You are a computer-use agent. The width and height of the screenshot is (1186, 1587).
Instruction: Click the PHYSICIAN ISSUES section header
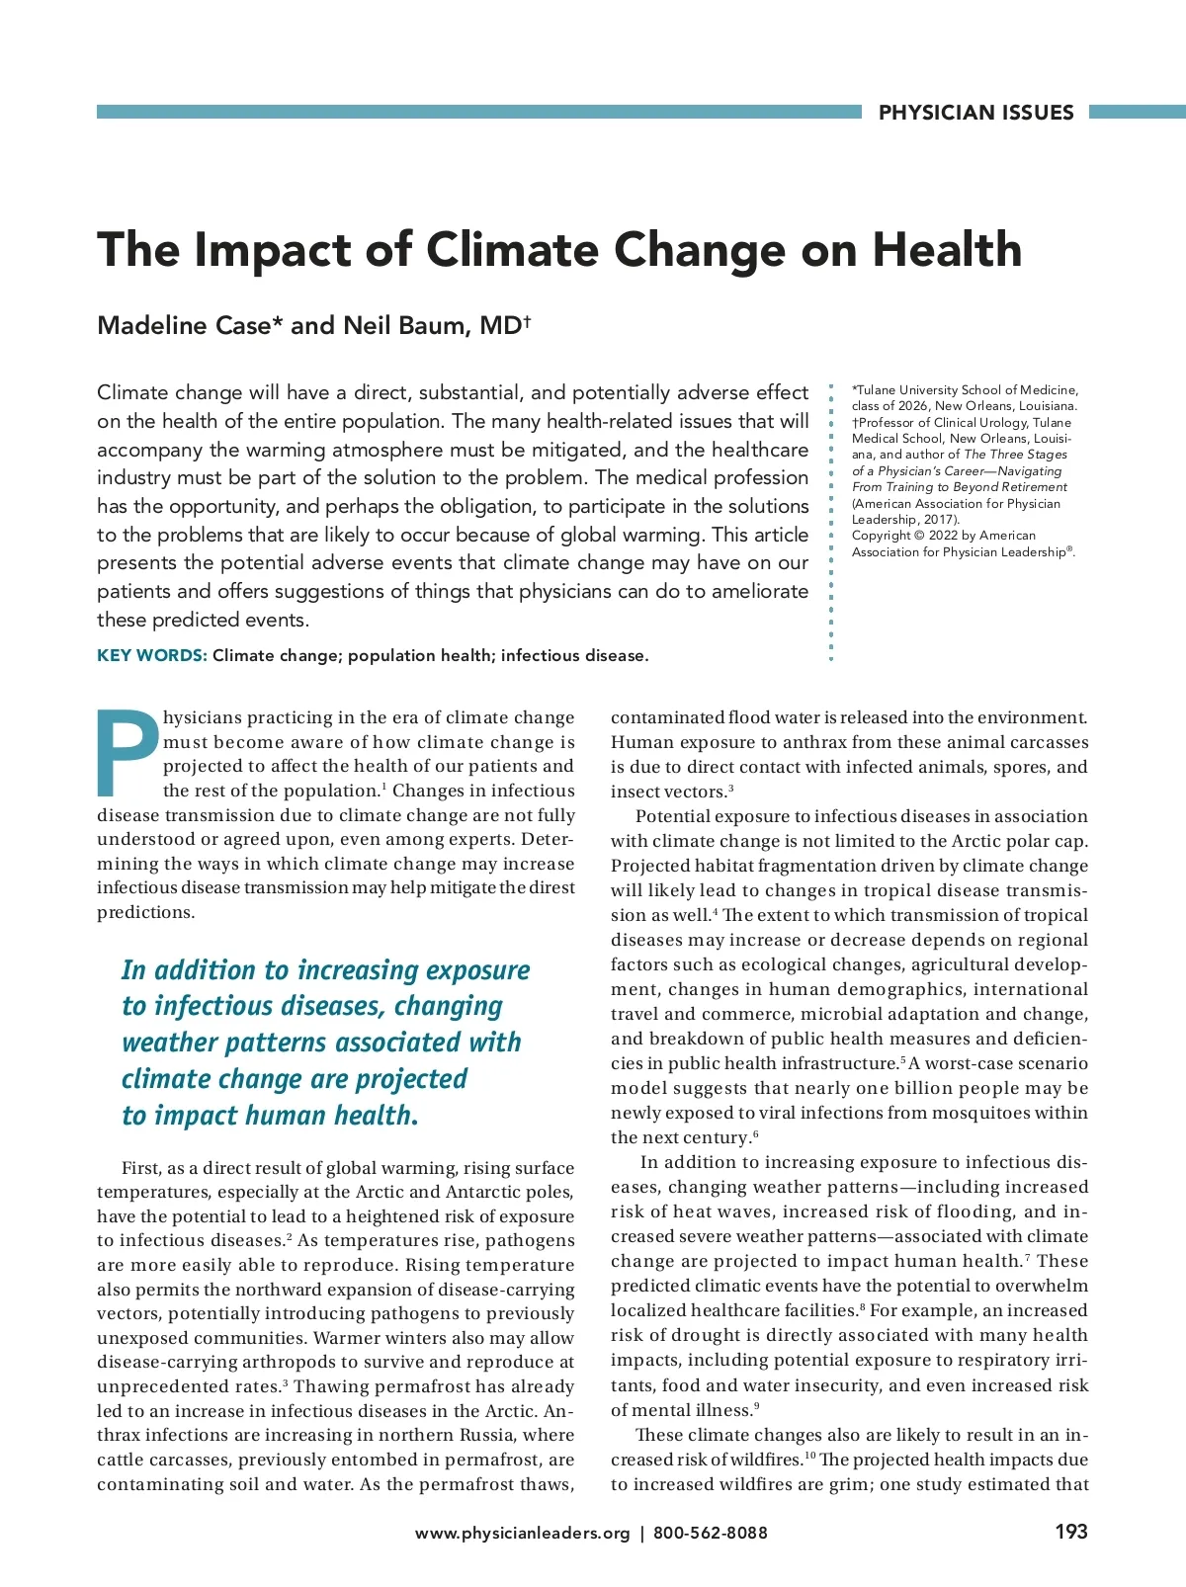975,113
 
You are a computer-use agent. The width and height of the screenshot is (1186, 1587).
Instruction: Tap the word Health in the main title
947,249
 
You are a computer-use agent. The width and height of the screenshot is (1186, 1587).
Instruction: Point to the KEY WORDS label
151,655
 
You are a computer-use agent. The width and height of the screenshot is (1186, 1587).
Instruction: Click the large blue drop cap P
127,753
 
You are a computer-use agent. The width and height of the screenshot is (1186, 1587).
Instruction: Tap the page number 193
1070,1532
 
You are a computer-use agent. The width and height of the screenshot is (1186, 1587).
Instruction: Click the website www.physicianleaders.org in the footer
522,1533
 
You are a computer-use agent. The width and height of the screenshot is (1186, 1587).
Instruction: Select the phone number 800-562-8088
710,1533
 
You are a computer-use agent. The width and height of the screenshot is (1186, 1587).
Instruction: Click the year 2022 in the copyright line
943,536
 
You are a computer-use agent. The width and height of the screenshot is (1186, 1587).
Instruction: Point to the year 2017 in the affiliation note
939,520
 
